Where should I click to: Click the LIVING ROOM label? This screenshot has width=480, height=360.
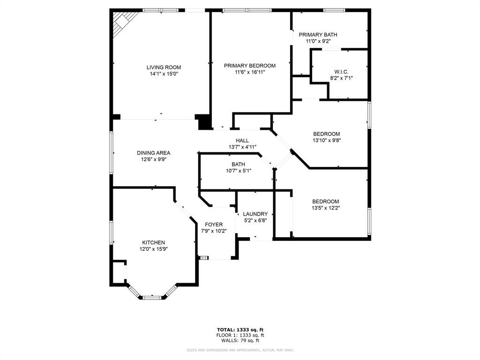pos(163,67)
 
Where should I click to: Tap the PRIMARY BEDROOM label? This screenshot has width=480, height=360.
pos(249,66)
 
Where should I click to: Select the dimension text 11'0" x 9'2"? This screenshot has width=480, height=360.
pos(318,41)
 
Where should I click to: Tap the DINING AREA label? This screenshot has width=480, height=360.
pos(153,153)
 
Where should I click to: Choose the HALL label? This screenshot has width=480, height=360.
pos(242,141)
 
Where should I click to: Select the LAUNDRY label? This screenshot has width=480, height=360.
pos(255,214)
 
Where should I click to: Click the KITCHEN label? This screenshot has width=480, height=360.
pos(153,242)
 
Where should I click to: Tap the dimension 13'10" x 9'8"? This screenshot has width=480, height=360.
pos(326,140)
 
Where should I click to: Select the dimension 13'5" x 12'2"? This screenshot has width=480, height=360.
pos(325,208)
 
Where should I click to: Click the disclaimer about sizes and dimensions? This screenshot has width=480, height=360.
pos(240,350)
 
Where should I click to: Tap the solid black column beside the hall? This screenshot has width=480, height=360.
pos(204,122)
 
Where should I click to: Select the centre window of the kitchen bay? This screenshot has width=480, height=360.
pos(152,297)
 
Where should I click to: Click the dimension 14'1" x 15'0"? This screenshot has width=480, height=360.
pos(163,74)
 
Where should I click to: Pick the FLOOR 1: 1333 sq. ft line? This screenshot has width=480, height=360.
pos(240,335)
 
